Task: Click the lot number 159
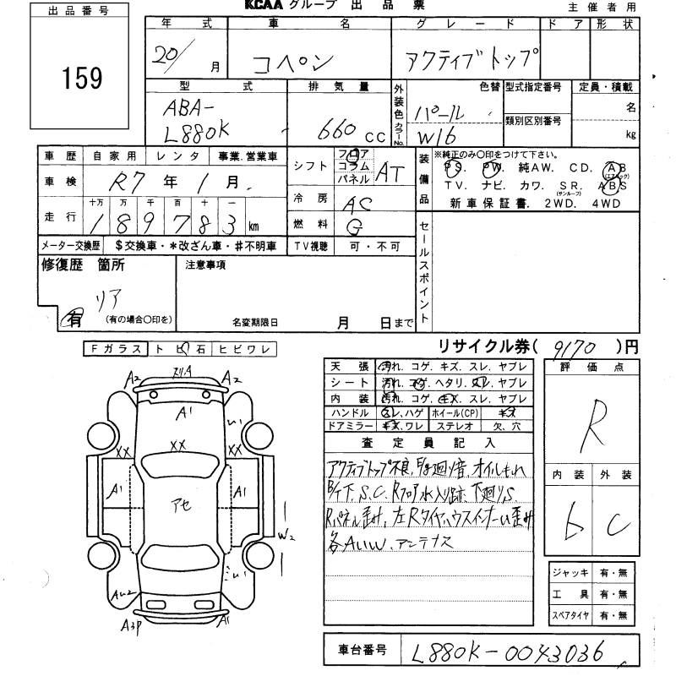[x=82, y=78]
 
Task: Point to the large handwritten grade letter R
[x=597, y=418]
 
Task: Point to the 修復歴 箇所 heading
[x=82, y=264]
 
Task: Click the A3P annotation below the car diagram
[x=132, y=626]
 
